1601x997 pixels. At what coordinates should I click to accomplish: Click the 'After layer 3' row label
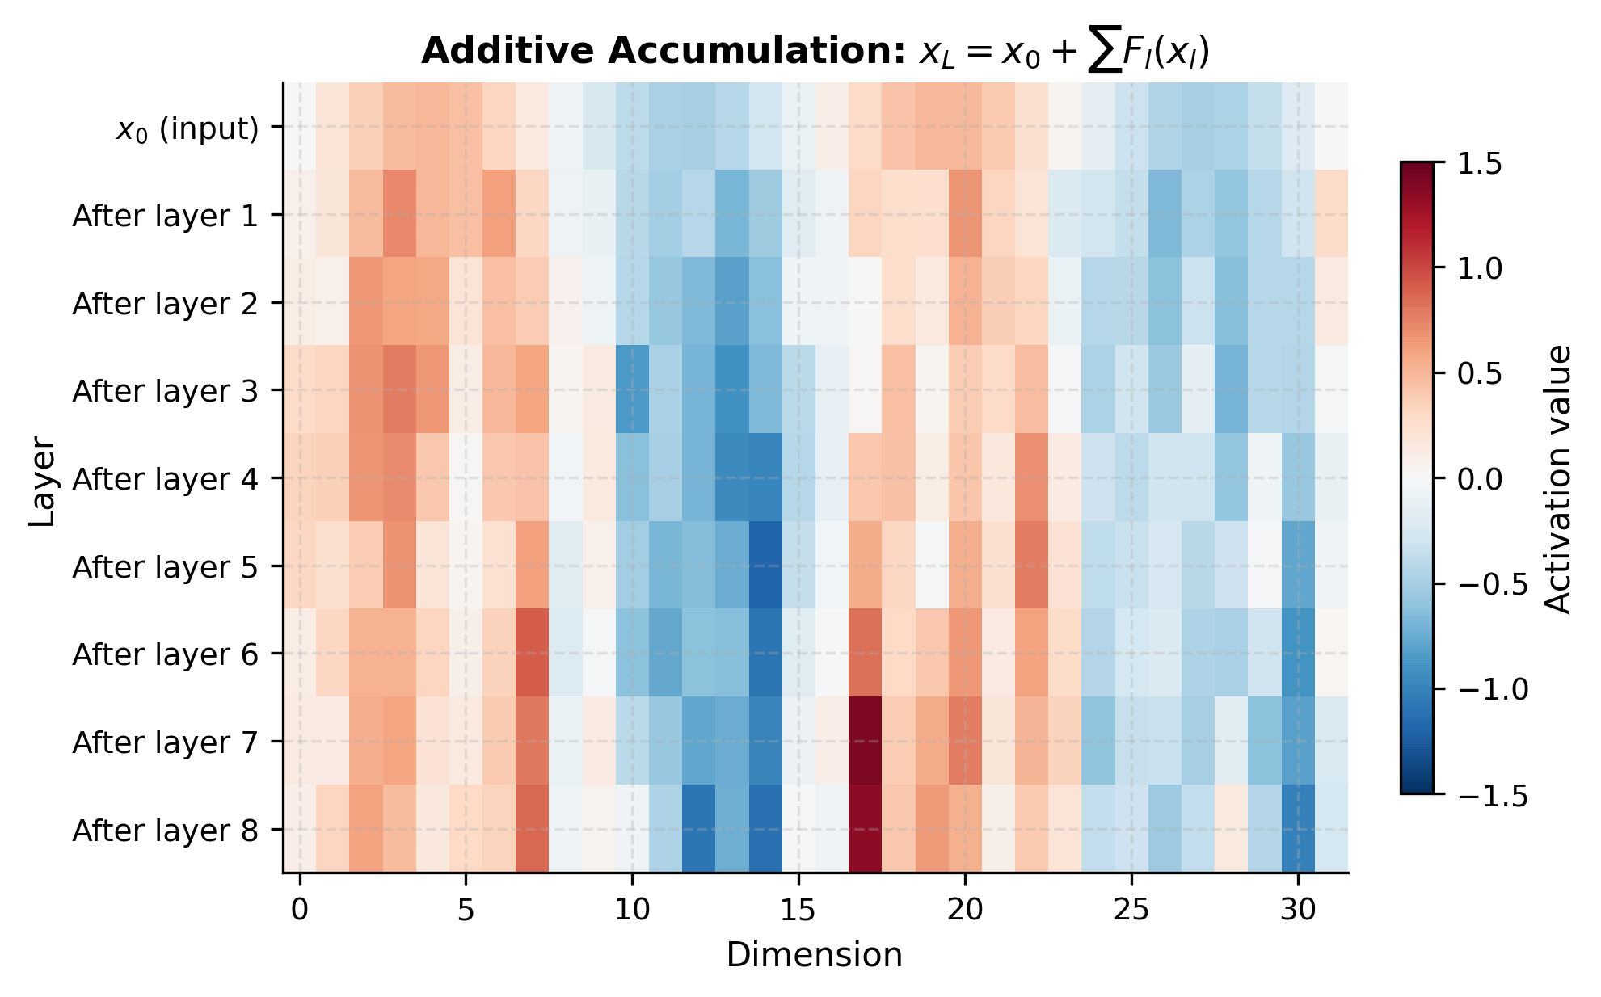(165, 391)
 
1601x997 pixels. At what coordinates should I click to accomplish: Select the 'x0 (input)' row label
(187, 128)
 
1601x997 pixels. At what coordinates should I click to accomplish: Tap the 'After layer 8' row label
(165, 831)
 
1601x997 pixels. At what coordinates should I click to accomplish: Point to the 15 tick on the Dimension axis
(798, 911)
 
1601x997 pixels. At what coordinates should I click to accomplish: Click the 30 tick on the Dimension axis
(1298, 911)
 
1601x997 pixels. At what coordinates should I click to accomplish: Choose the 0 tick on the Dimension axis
(300, 911)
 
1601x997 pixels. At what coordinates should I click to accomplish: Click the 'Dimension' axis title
(814, 955)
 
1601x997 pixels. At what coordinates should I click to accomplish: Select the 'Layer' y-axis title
(42, 482)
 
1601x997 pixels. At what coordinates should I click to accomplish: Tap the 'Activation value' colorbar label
(1557, 480)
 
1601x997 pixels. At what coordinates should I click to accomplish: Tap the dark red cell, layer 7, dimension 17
(865, 741)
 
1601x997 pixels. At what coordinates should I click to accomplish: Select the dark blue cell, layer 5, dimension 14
(765, 566)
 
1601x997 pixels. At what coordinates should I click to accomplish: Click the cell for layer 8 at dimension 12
(698, 829)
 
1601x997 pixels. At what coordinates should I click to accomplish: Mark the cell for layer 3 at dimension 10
(632, 390)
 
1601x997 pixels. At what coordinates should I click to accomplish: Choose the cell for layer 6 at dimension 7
(532, 654)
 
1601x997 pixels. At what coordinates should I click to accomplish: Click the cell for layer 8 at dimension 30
(1298, 829)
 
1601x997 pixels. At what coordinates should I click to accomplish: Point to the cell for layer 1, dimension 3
(399, 214)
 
